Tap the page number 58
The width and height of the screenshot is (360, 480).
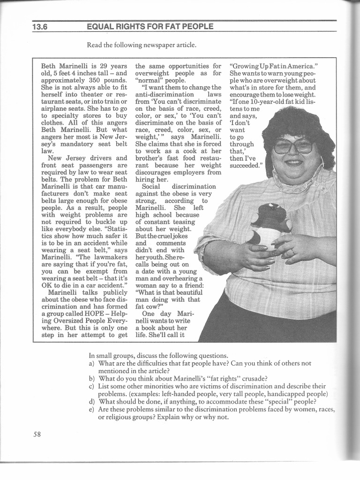[x=37, y=434]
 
